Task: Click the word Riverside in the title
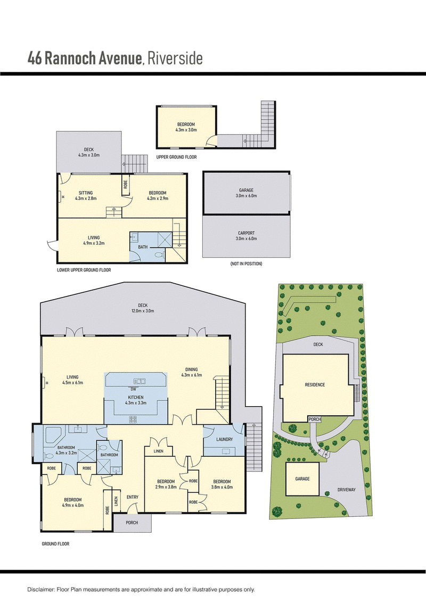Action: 175,59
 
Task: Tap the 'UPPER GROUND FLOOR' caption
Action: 176,157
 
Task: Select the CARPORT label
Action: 246,233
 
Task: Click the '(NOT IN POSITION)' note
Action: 246,264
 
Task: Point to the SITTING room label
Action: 86,193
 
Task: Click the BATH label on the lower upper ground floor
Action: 143,247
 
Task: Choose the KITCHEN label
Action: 136,398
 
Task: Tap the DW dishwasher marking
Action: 133,389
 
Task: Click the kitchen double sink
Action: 139,381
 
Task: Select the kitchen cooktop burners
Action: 133,419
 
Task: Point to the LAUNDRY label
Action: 224,439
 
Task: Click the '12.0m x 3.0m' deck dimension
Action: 143,311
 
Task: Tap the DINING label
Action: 191,370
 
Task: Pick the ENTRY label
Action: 133,497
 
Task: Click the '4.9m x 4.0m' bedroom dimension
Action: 72,505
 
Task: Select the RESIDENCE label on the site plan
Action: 315,385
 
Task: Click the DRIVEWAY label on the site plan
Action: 347,490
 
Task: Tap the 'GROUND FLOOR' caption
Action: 55,543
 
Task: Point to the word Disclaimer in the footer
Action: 41,589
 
